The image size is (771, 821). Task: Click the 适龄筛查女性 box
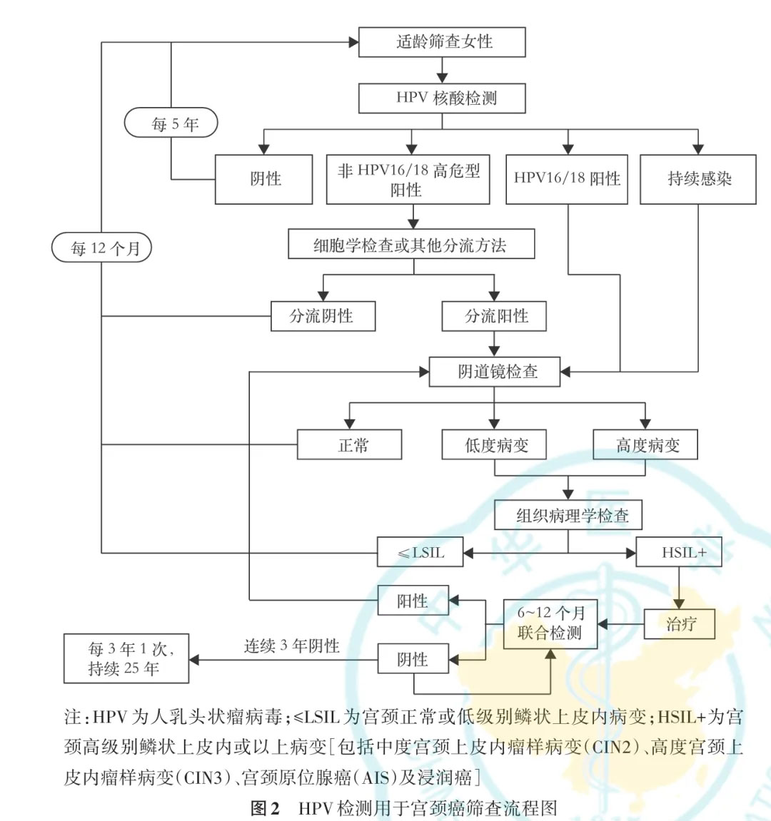coord(442,42)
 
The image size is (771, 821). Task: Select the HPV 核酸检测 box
coord(442,98)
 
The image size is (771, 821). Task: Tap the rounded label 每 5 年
coord(171,123)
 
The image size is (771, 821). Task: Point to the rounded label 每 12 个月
coord(101,248)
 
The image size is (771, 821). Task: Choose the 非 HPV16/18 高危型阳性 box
coord(408,179)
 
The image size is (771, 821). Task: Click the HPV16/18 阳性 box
coord(567,179)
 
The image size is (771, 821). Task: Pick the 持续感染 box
coord(698,179)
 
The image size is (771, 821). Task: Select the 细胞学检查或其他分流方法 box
coord(411,243)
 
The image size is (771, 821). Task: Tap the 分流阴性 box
coord(323,316)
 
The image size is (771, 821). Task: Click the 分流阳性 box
coord(494,316)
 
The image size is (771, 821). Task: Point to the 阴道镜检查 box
coord(494,372)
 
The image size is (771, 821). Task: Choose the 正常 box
coord(350,444)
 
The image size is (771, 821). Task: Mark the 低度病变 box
coord(494,444)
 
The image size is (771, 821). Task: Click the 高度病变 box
coord(645,444)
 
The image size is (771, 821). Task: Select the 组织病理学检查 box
coord(568,515)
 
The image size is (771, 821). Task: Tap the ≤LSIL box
coord(420,552)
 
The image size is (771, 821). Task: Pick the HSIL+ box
coord(679,552)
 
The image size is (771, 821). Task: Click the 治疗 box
coord(680,623)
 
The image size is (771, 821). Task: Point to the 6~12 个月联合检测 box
coord(550,624)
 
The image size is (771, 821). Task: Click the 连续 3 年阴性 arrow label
coord(291,646)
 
